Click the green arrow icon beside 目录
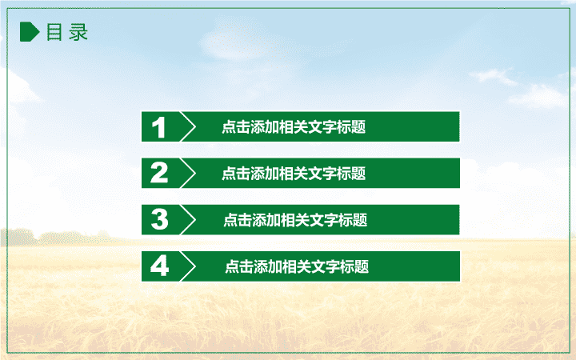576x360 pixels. click(x=30, y=31)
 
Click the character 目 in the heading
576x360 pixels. click(x=54, y=32)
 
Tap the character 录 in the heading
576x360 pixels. click(x=78, y=32)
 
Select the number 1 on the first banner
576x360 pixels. click(x=158, y=127)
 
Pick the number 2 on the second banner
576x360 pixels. click(x=159, y=173)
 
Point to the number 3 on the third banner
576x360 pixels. click(x=159, y=219)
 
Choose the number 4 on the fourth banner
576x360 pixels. click(x=159, y=266)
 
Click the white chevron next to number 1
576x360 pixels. click(x=188, y=126)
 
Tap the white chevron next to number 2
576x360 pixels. click(x=188, y=173)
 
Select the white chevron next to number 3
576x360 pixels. click(x=188, y=220)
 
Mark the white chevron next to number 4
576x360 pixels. click(x=188, y=266)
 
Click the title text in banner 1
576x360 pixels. click(x=294, y=127)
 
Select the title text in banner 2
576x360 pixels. click(x=294, y=174)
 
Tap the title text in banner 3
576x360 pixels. click(x=295, y=220)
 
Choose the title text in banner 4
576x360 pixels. click(x=297, y=266)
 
